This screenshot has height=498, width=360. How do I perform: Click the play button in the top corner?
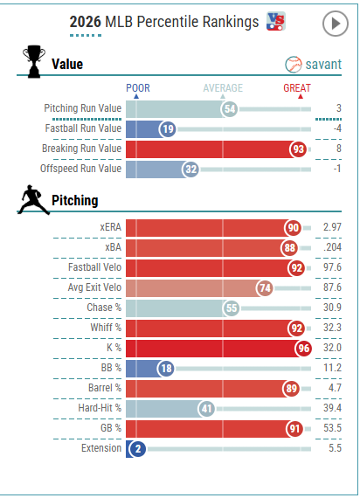click(336, 24)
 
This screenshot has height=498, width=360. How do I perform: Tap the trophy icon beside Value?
click(34, 61)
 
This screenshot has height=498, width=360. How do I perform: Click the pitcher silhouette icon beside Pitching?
click(33, 200)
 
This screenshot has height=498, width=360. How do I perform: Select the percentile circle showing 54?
click(230, 109)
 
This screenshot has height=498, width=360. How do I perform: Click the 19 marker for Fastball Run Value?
click(168, 129)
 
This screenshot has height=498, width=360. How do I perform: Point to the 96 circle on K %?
click(303, 349)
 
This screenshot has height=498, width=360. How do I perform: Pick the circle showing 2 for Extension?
click(137, 449)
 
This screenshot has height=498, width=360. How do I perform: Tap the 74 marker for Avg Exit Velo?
click(265, 288)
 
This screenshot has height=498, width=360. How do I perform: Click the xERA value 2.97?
click(332, 227)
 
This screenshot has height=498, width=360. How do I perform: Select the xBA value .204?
click(332, 247)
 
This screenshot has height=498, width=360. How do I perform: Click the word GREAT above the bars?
click(297, 88)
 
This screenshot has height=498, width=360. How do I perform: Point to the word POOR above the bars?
click(138, 88)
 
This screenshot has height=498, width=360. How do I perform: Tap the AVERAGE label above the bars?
click(223, 88)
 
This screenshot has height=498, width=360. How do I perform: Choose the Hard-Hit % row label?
click(100, 408)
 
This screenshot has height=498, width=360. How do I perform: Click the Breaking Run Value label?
click(81, 149)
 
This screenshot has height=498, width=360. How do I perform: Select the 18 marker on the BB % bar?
click(166, 369)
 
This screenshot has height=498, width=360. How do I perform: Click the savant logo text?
click(323, 65)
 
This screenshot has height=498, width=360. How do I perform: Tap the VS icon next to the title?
click(276, 21)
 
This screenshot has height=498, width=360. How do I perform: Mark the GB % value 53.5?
click(332, 428)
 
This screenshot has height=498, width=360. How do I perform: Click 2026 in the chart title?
click(85, 22)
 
